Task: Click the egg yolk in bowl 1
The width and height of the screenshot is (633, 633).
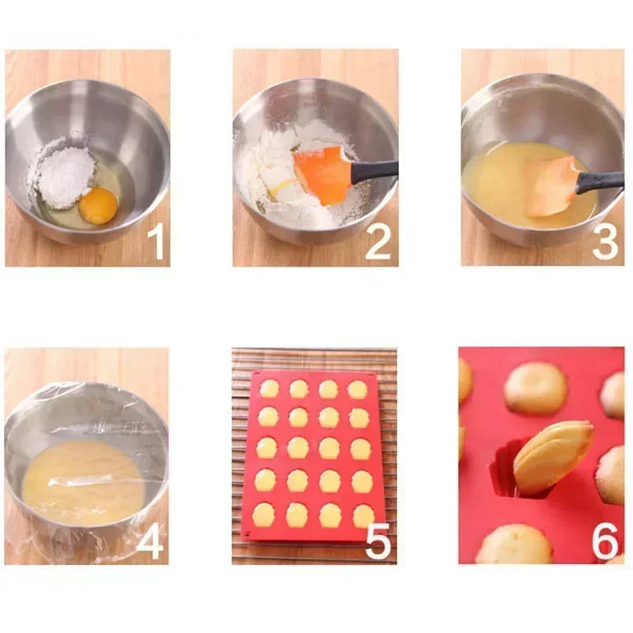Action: [99, 206]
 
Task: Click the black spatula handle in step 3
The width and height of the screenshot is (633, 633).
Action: [600, 182]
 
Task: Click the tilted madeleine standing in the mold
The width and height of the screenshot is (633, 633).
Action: [552, 456]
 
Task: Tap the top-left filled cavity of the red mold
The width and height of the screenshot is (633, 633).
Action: [270, 389]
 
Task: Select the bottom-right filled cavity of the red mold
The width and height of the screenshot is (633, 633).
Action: [362, 515]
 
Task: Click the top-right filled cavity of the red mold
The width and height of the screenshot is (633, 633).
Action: [358, 389]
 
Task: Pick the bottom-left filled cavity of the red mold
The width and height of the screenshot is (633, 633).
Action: [263, 515]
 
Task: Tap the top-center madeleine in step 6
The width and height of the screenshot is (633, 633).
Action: [536, 388]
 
